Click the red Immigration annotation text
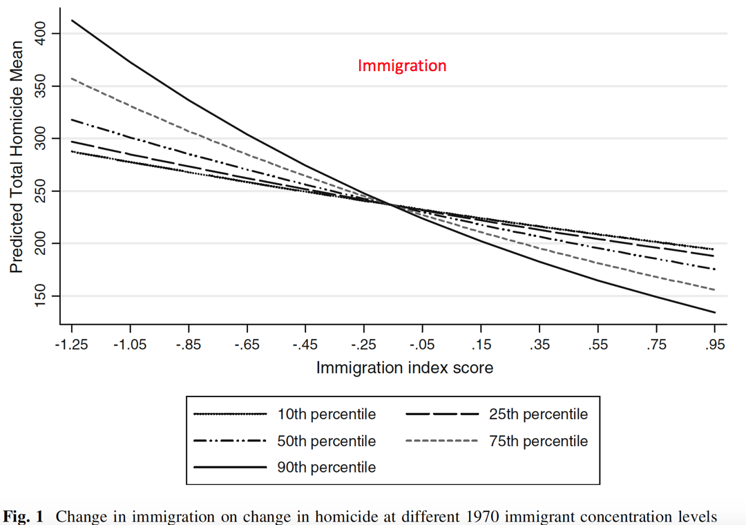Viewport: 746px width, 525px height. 402,66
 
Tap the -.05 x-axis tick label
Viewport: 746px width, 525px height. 421,345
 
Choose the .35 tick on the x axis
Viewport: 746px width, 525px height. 539,345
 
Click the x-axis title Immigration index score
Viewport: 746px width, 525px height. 405,367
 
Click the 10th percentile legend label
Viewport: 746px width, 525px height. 327,414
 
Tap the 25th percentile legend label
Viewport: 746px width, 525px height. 539,414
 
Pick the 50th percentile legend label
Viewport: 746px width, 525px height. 327,441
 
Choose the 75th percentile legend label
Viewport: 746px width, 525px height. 539,441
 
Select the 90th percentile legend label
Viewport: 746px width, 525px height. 327,467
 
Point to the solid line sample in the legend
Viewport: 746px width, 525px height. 230,467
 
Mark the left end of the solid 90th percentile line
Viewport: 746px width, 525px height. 72,20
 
